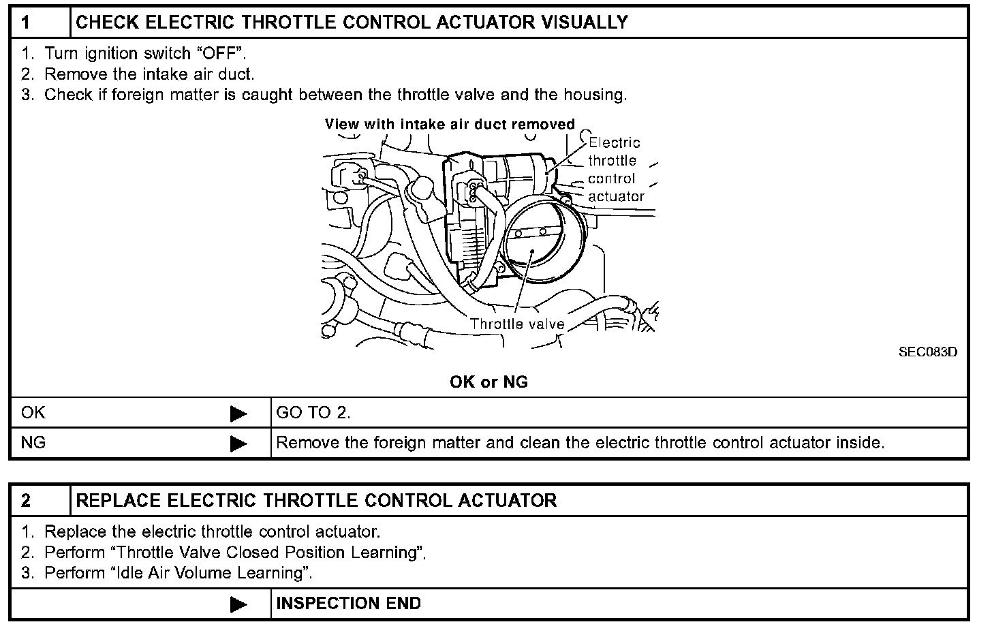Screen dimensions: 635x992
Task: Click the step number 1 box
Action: click(40, 22)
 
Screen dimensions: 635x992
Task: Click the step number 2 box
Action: click(40, 501)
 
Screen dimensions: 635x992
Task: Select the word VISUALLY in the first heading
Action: click(585, 22)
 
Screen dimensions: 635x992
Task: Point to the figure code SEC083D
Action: click(927, 352)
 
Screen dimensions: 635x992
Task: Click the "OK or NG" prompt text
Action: click(489, 382)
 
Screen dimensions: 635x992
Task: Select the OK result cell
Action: click(33, 413)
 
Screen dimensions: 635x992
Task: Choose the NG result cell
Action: click(33, 443)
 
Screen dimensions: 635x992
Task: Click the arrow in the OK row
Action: click(238, 414)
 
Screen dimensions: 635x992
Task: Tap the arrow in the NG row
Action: click(238, 444)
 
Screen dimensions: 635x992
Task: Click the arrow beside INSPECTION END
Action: click(238, 604)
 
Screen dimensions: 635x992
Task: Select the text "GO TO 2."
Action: click(313, 413)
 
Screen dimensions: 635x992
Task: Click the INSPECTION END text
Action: click(349, 604)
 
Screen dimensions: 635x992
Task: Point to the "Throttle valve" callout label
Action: click(517, 324)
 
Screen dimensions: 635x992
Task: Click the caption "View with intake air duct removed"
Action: click(450, 125)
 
